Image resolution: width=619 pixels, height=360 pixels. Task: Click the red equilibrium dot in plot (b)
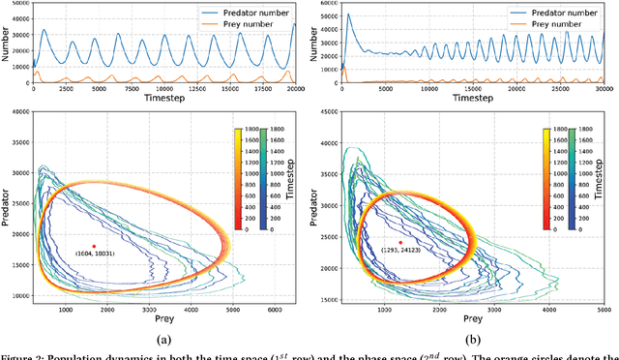click(x=400, y=243)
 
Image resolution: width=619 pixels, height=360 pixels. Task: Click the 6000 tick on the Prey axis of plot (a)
click(x=275, y=310)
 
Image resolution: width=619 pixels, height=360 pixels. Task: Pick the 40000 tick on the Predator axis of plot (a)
click(x=16, y=112)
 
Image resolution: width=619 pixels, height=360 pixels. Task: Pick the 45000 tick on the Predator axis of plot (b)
click(x=327, y=112)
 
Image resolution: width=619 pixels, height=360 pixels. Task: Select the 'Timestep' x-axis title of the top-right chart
click(x=468, y=97)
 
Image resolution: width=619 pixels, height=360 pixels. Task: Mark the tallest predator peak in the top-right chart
click(x=349, y=15)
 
